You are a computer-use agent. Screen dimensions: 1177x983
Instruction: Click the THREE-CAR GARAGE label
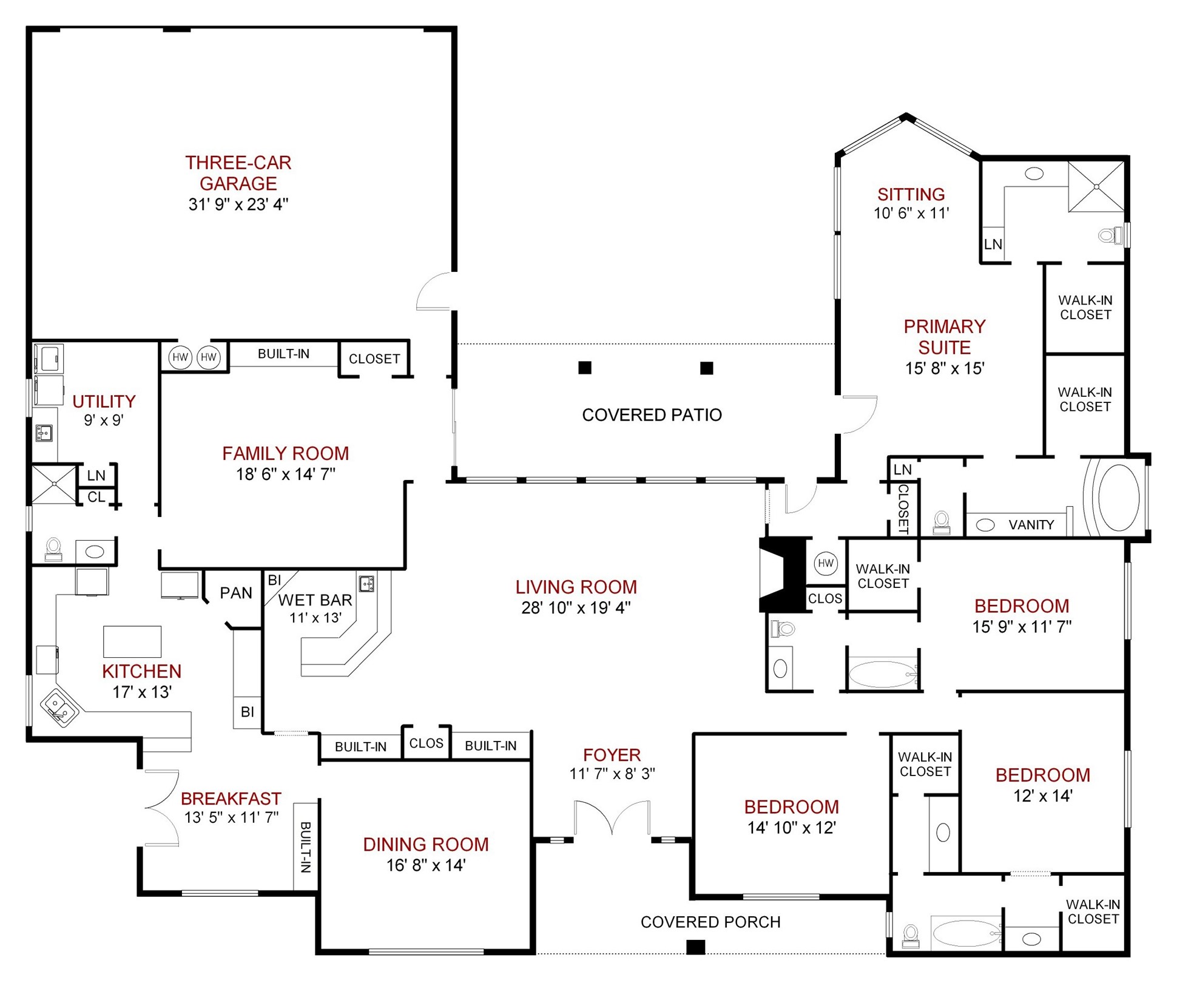click(238, 173)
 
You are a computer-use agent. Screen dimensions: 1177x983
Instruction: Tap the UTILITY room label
click(104, 401)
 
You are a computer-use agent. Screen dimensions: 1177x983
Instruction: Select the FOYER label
click(612, 755)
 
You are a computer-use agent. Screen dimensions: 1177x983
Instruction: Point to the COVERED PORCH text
click(710, 922)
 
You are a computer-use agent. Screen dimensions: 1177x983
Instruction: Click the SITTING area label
click(911, 194)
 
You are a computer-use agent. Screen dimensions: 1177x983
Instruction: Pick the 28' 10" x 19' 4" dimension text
click(576, 607)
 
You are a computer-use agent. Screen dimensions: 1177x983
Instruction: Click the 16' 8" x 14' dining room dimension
click(426, 865)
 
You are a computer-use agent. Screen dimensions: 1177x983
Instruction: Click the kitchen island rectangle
click(132, 641)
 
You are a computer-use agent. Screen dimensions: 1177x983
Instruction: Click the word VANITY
click(1031, 525)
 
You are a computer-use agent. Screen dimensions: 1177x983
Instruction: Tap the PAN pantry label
click(236, 593)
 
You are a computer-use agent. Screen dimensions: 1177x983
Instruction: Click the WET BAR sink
click(366, 584)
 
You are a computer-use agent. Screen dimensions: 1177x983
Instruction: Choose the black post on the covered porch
click(695, 947)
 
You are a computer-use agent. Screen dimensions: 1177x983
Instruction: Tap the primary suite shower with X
click(1096, 187)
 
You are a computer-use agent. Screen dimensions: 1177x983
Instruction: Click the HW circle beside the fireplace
click(825, 563)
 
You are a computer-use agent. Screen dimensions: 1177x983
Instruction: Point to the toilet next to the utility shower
click(53, 549)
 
